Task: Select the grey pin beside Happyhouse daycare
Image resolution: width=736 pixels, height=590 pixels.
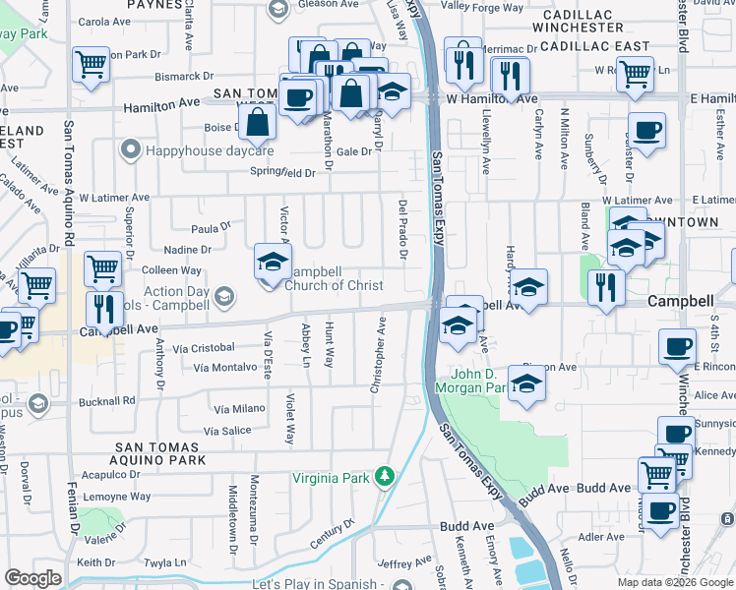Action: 129,150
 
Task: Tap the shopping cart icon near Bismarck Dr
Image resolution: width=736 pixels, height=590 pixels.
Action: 91,65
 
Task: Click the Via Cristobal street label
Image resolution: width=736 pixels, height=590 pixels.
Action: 203,347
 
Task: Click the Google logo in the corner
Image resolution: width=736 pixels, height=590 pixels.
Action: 33,578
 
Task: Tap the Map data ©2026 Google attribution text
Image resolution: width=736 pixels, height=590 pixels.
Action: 674,582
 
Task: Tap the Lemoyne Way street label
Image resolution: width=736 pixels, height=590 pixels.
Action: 116,497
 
